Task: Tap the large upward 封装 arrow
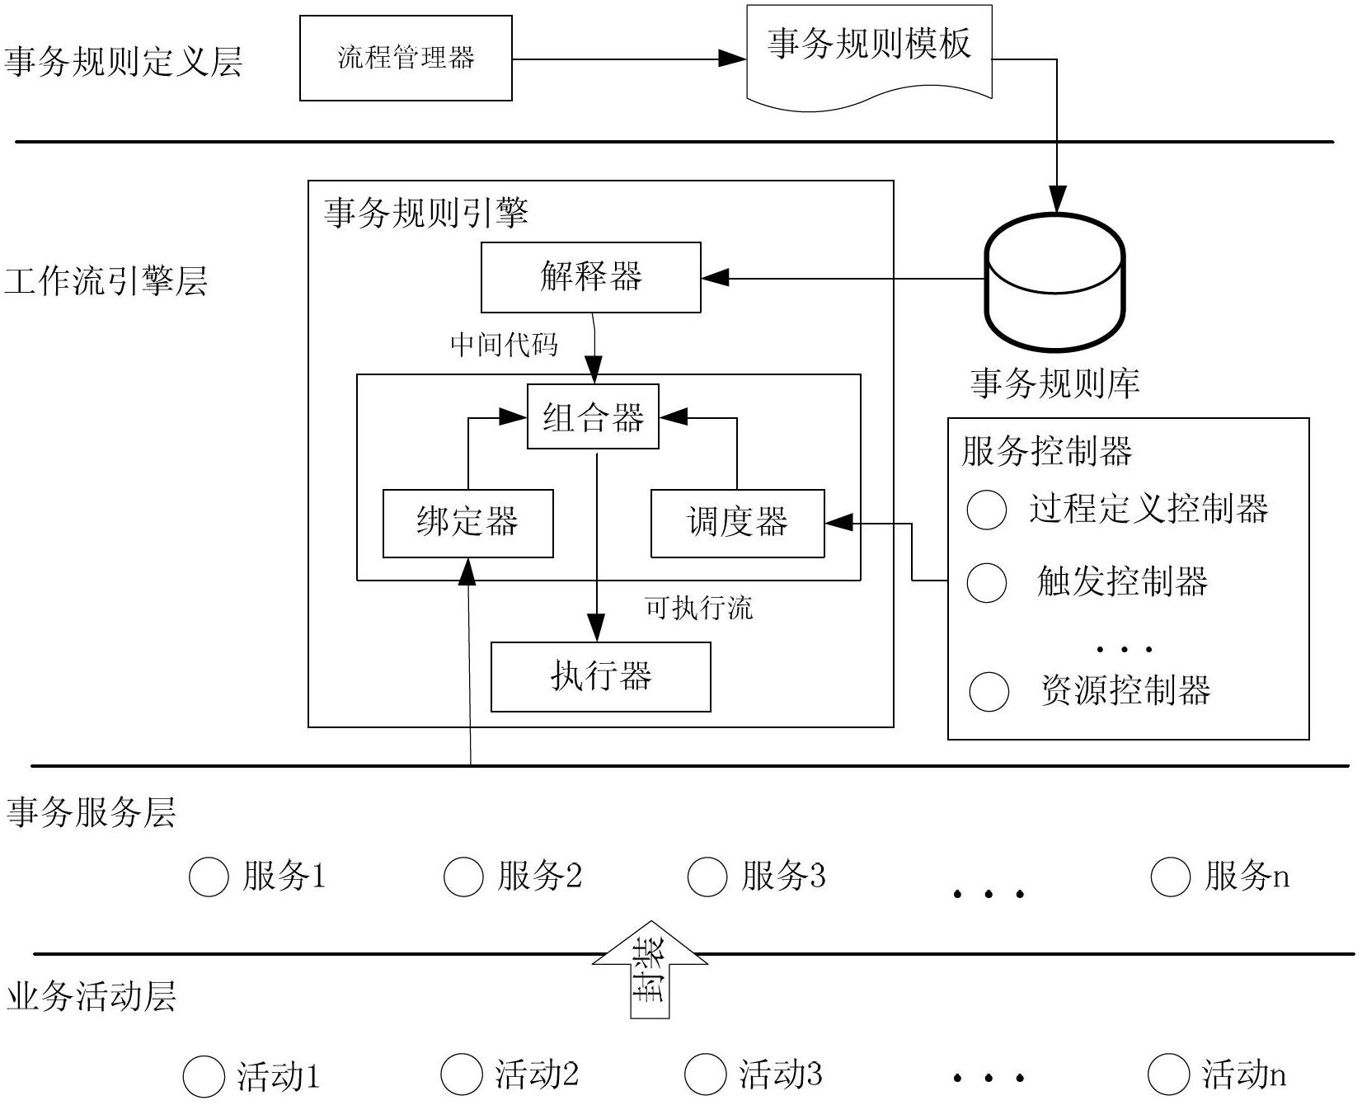point(650,970)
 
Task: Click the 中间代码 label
point(504,345)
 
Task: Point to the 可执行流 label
point(699,609)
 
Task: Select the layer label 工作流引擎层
point(106,281)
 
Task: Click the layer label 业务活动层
point(91,996)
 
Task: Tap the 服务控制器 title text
point(1047,451)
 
